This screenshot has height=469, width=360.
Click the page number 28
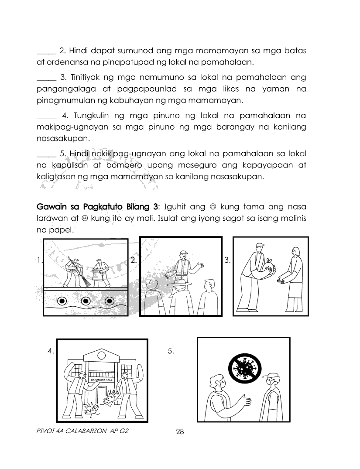pos(180,432)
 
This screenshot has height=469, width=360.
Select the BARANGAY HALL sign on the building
pos(102,380)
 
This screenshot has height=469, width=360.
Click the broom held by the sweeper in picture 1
pos(81,275)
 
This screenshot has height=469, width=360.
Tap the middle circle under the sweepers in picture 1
pos(86,301)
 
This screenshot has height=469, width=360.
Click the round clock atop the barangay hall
pos(102,355)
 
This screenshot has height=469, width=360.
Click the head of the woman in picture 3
pos(295,252)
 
